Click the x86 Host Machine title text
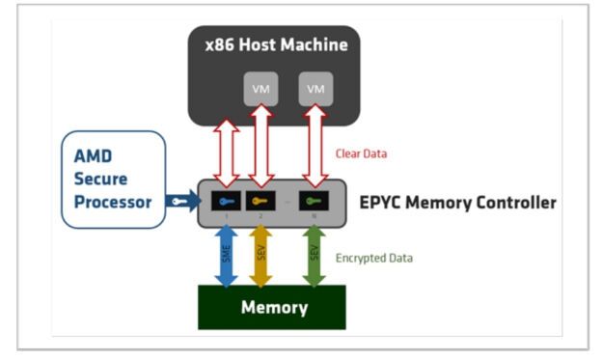(276, 44)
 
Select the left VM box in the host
(260, 89)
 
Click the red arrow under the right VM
(315, 145)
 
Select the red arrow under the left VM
(259, 145)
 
